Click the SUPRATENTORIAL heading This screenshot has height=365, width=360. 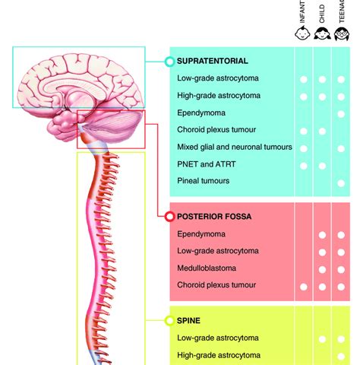(x=212, y=61)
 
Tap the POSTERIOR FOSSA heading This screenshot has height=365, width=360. (x=213, y=217)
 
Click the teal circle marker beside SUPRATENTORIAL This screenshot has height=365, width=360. (x=169, y=61)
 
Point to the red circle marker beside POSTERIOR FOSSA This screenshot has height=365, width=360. (x=169, y=217)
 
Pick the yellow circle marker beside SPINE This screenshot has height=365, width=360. (x=169, y=321)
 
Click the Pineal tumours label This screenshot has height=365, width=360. (x=203, y=181)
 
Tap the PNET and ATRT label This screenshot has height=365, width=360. (x=207, y=164)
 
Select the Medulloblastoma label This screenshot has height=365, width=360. (x=207, y=268)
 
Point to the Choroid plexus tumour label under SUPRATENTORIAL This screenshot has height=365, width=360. (x=216, y=130)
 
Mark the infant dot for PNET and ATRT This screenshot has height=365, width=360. (x=303, y=164)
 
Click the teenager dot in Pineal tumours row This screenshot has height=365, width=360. (x=341, y=182)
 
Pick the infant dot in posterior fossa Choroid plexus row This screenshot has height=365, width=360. (x=303, y=286)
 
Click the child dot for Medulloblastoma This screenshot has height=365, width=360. (x=322, y=268)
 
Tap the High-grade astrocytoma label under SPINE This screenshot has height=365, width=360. (x=219, y=355)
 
